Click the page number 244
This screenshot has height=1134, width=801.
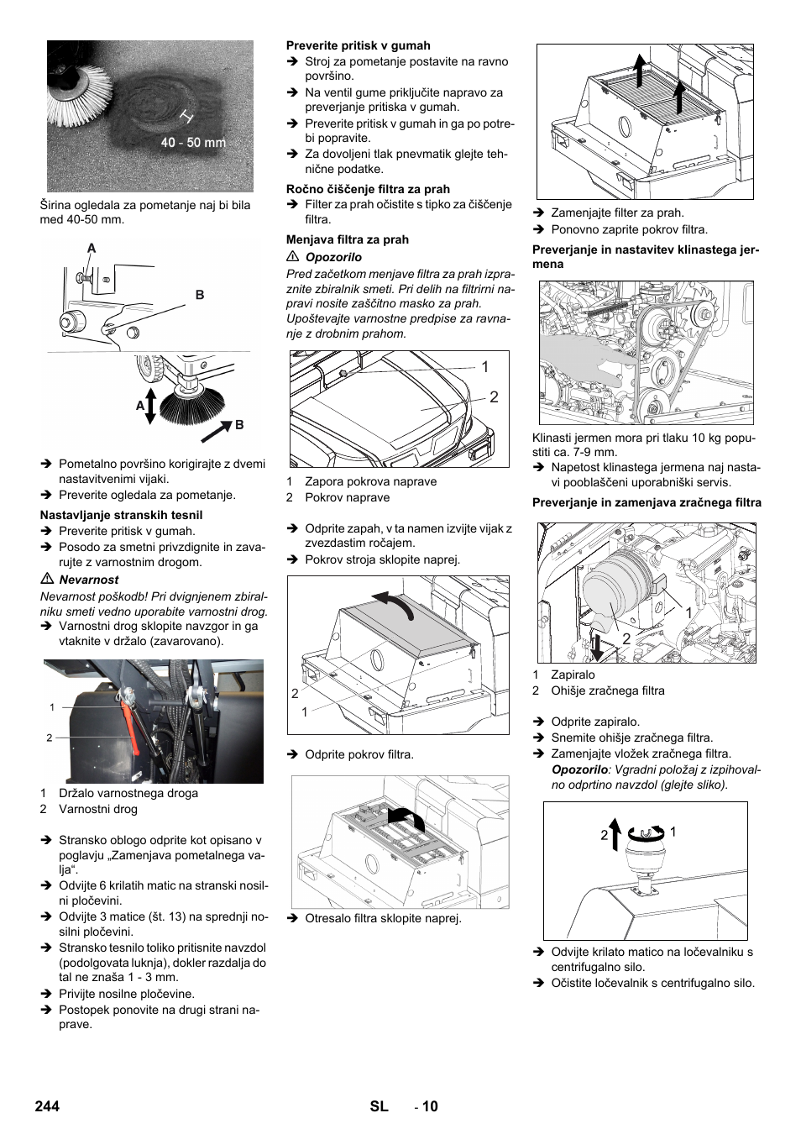click(47, 1105)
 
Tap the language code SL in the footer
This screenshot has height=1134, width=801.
click(379, 1105)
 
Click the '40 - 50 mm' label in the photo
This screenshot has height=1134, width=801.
click(193, 143)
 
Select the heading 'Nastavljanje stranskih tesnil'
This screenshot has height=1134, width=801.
click(121, 515)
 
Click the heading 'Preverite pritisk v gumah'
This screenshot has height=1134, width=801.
click(358, 45)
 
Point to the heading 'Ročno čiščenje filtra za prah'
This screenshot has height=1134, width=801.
click(368, 189)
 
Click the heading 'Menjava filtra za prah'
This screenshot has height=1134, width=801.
click(347, 239)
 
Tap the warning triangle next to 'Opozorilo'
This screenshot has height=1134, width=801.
click(293, 257)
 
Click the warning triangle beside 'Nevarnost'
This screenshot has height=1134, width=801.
click(47, 580)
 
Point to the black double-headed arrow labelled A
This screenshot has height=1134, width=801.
click(150, 406)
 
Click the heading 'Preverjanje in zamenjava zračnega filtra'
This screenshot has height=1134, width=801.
click(647, 502)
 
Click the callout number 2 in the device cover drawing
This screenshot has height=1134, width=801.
click(494, 397)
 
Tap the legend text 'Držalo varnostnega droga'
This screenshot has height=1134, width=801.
click(128, 793)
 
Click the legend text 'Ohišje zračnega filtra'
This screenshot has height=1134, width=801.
click(607, 690)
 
